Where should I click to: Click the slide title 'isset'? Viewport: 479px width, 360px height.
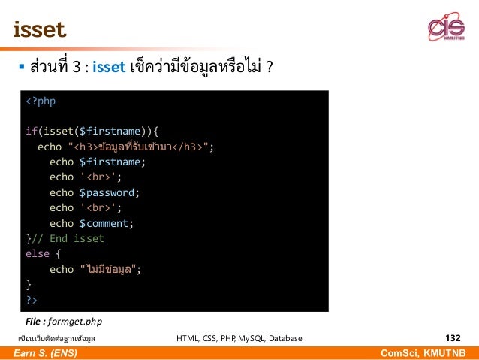39,30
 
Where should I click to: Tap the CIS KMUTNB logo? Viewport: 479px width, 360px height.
446,29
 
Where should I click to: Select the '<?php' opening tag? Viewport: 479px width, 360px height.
41,101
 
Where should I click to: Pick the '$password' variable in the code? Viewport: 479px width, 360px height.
109,192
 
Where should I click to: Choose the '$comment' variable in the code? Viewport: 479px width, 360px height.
106,223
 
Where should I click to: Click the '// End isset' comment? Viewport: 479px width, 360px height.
68,238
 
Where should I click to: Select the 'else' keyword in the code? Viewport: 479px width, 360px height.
38,254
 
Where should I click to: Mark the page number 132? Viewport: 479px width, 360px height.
452,338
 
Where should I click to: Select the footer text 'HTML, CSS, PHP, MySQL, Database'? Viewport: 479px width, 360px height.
239,339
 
